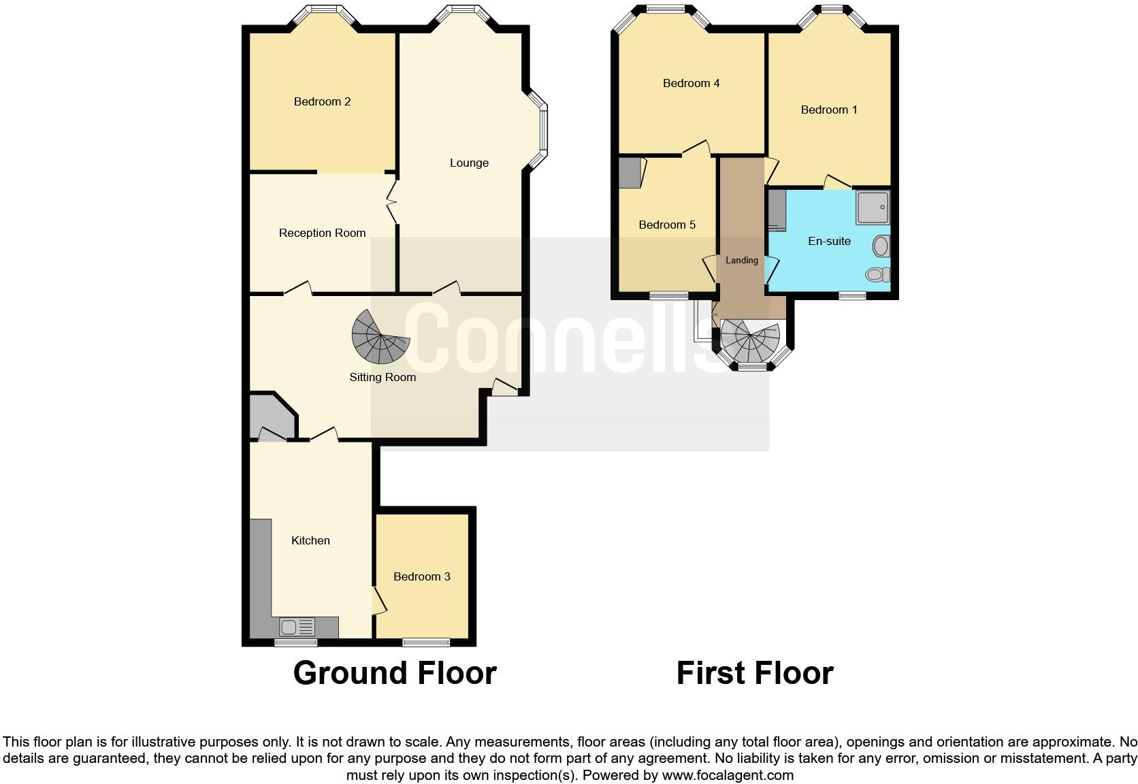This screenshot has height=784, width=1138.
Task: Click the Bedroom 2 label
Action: click(x=322, y=102)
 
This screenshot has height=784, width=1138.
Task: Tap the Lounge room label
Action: click(x=469, y=163)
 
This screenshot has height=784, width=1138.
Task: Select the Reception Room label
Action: click(x=322, y=233)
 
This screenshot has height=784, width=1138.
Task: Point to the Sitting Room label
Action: click(x=383, y=378)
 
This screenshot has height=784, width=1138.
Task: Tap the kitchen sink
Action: click(x=297, y=626)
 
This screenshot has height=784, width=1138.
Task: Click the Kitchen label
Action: click(x=310, y=541)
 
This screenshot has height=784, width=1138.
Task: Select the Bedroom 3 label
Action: click(x=422, y=577)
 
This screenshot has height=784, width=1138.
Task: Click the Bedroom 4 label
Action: click(x=691, y=84)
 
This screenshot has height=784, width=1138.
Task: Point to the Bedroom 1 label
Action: click(x=829, y=110)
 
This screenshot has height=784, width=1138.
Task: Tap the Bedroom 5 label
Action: click(x=667, y=225)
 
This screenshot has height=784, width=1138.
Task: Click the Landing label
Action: click(x=741, y=261)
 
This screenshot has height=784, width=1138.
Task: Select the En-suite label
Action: click(x=829, y=242)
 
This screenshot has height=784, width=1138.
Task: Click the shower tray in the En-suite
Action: click(x=873, y=208)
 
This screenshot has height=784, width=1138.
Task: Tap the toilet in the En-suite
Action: click(x=879, y=274)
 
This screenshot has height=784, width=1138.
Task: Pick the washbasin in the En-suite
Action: click(x=881, y=246)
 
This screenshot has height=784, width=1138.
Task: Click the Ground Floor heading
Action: click(x=395, y=673)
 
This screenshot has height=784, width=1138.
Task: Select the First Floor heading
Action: click(x=754, y=673)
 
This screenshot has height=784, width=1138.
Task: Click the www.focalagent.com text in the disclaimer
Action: click(x=728, y=775)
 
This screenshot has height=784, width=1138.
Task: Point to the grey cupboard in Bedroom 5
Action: click(x=630, y=172)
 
